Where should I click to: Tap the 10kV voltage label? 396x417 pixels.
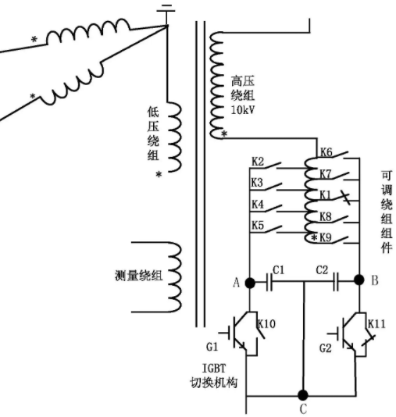(243, 110)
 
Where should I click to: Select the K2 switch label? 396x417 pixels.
(258, 162)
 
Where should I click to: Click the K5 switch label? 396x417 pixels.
(258, 225)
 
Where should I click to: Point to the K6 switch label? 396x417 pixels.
(326, 152)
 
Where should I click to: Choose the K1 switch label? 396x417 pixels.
(325, 195)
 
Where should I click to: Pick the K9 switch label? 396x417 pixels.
(326, 237)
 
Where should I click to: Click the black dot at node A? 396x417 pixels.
(250, 283)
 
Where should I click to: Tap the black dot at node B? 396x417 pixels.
(359, 280)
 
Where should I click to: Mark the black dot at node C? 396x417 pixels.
(303, 395)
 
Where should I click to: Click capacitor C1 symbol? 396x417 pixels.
(269, 283)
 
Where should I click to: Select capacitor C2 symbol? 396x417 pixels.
(336, 282)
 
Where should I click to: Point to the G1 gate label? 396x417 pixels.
(212, 347)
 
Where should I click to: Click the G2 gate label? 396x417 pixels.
(326, 348)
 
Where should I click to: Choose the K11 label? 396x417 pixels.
(376, 324)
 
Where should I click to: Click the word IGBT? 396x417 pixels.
(214, 369)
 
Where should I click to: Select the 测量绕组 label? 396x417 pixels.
(138, 276)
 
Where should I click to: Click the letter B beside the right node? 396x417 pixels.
(374, 280)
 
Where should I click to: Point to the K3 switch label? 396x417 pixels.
(257, 183)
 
